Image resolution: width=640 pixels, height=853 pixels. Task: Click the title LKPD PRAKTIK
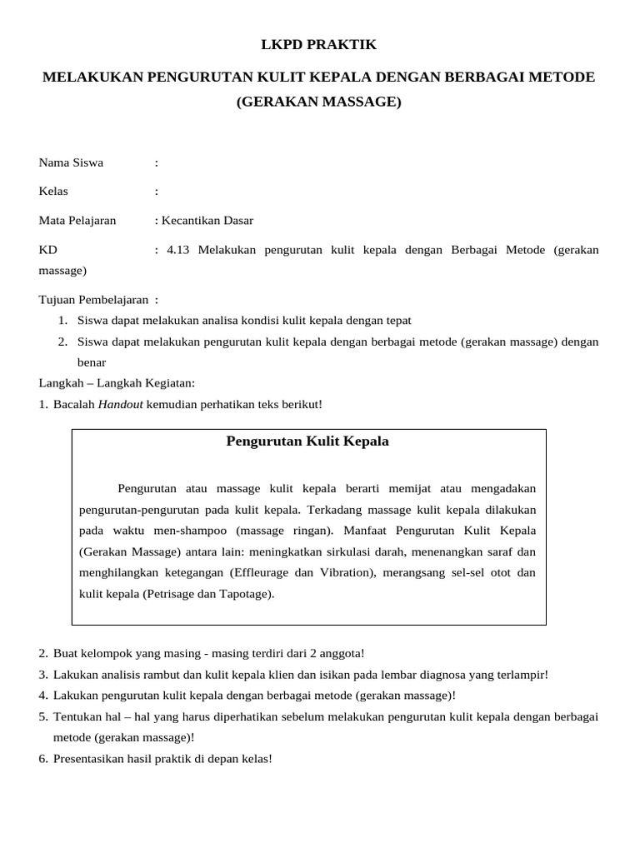(x=319, y=44)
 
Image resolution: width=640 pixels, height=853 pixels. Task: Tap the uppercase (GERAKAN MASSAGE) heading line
(x=319, y=102)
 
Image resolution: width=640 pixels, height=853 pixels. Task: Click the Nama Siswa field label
(x=71, y=162)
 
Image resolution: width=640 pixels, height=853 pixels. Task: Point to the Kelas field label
(x=53, y=192)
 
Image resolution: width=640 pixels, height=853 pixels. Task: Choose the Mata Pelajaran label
(x=77, y=221)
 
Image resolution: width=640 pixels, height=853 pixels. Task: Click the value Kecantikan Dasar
(x=207, y=221)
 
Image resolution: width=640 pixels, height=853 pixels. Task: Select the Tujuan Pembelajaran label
(x=93, y=299)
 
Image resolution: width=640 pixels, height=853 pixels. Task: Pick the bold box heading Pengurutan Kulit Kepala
(x=307, y=441)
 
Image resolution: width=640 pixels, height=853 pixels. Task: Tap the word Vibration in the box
(x=343, y=572)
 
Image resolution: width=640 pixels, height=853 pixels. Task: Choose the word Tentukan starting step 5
(x=77, y=716)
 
